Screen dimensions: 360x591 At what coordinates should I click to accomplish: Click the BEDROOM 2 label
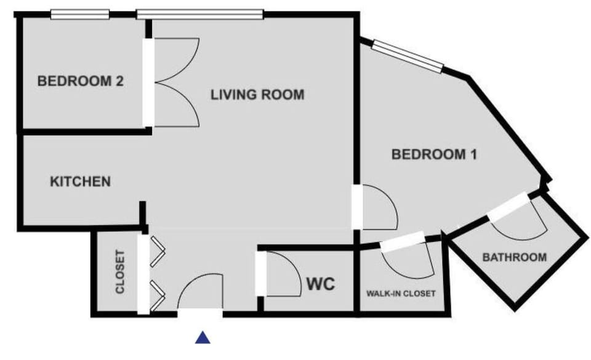(81, 81)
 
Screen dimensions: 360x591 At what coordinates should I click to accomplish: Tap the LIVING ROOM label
(257, 95)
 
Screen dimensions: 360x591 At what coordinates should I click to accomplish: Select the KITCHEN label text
(80, 182)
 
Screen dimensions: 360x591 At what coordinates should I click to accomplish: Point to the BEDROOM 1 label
(435, 155)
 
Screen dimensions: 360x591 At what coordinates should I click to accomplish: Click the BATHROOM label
(514, 257)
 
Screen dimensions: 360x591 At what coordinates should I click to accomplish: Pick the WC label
(321, 284)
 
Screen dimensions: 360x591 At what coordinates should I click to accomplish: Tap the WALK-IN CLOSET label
(401, 294)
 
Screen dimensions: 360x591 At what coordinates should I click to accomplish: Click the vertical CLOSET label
(121, 271)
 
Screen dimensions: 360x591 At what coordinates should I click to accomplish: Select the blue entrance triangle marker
(203, 337)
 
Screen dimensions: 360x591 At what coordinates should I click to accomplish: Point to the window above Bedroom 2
(79, 14)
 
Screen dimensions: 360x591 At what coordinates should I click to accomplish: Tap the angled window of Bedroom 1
(408, 55)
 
